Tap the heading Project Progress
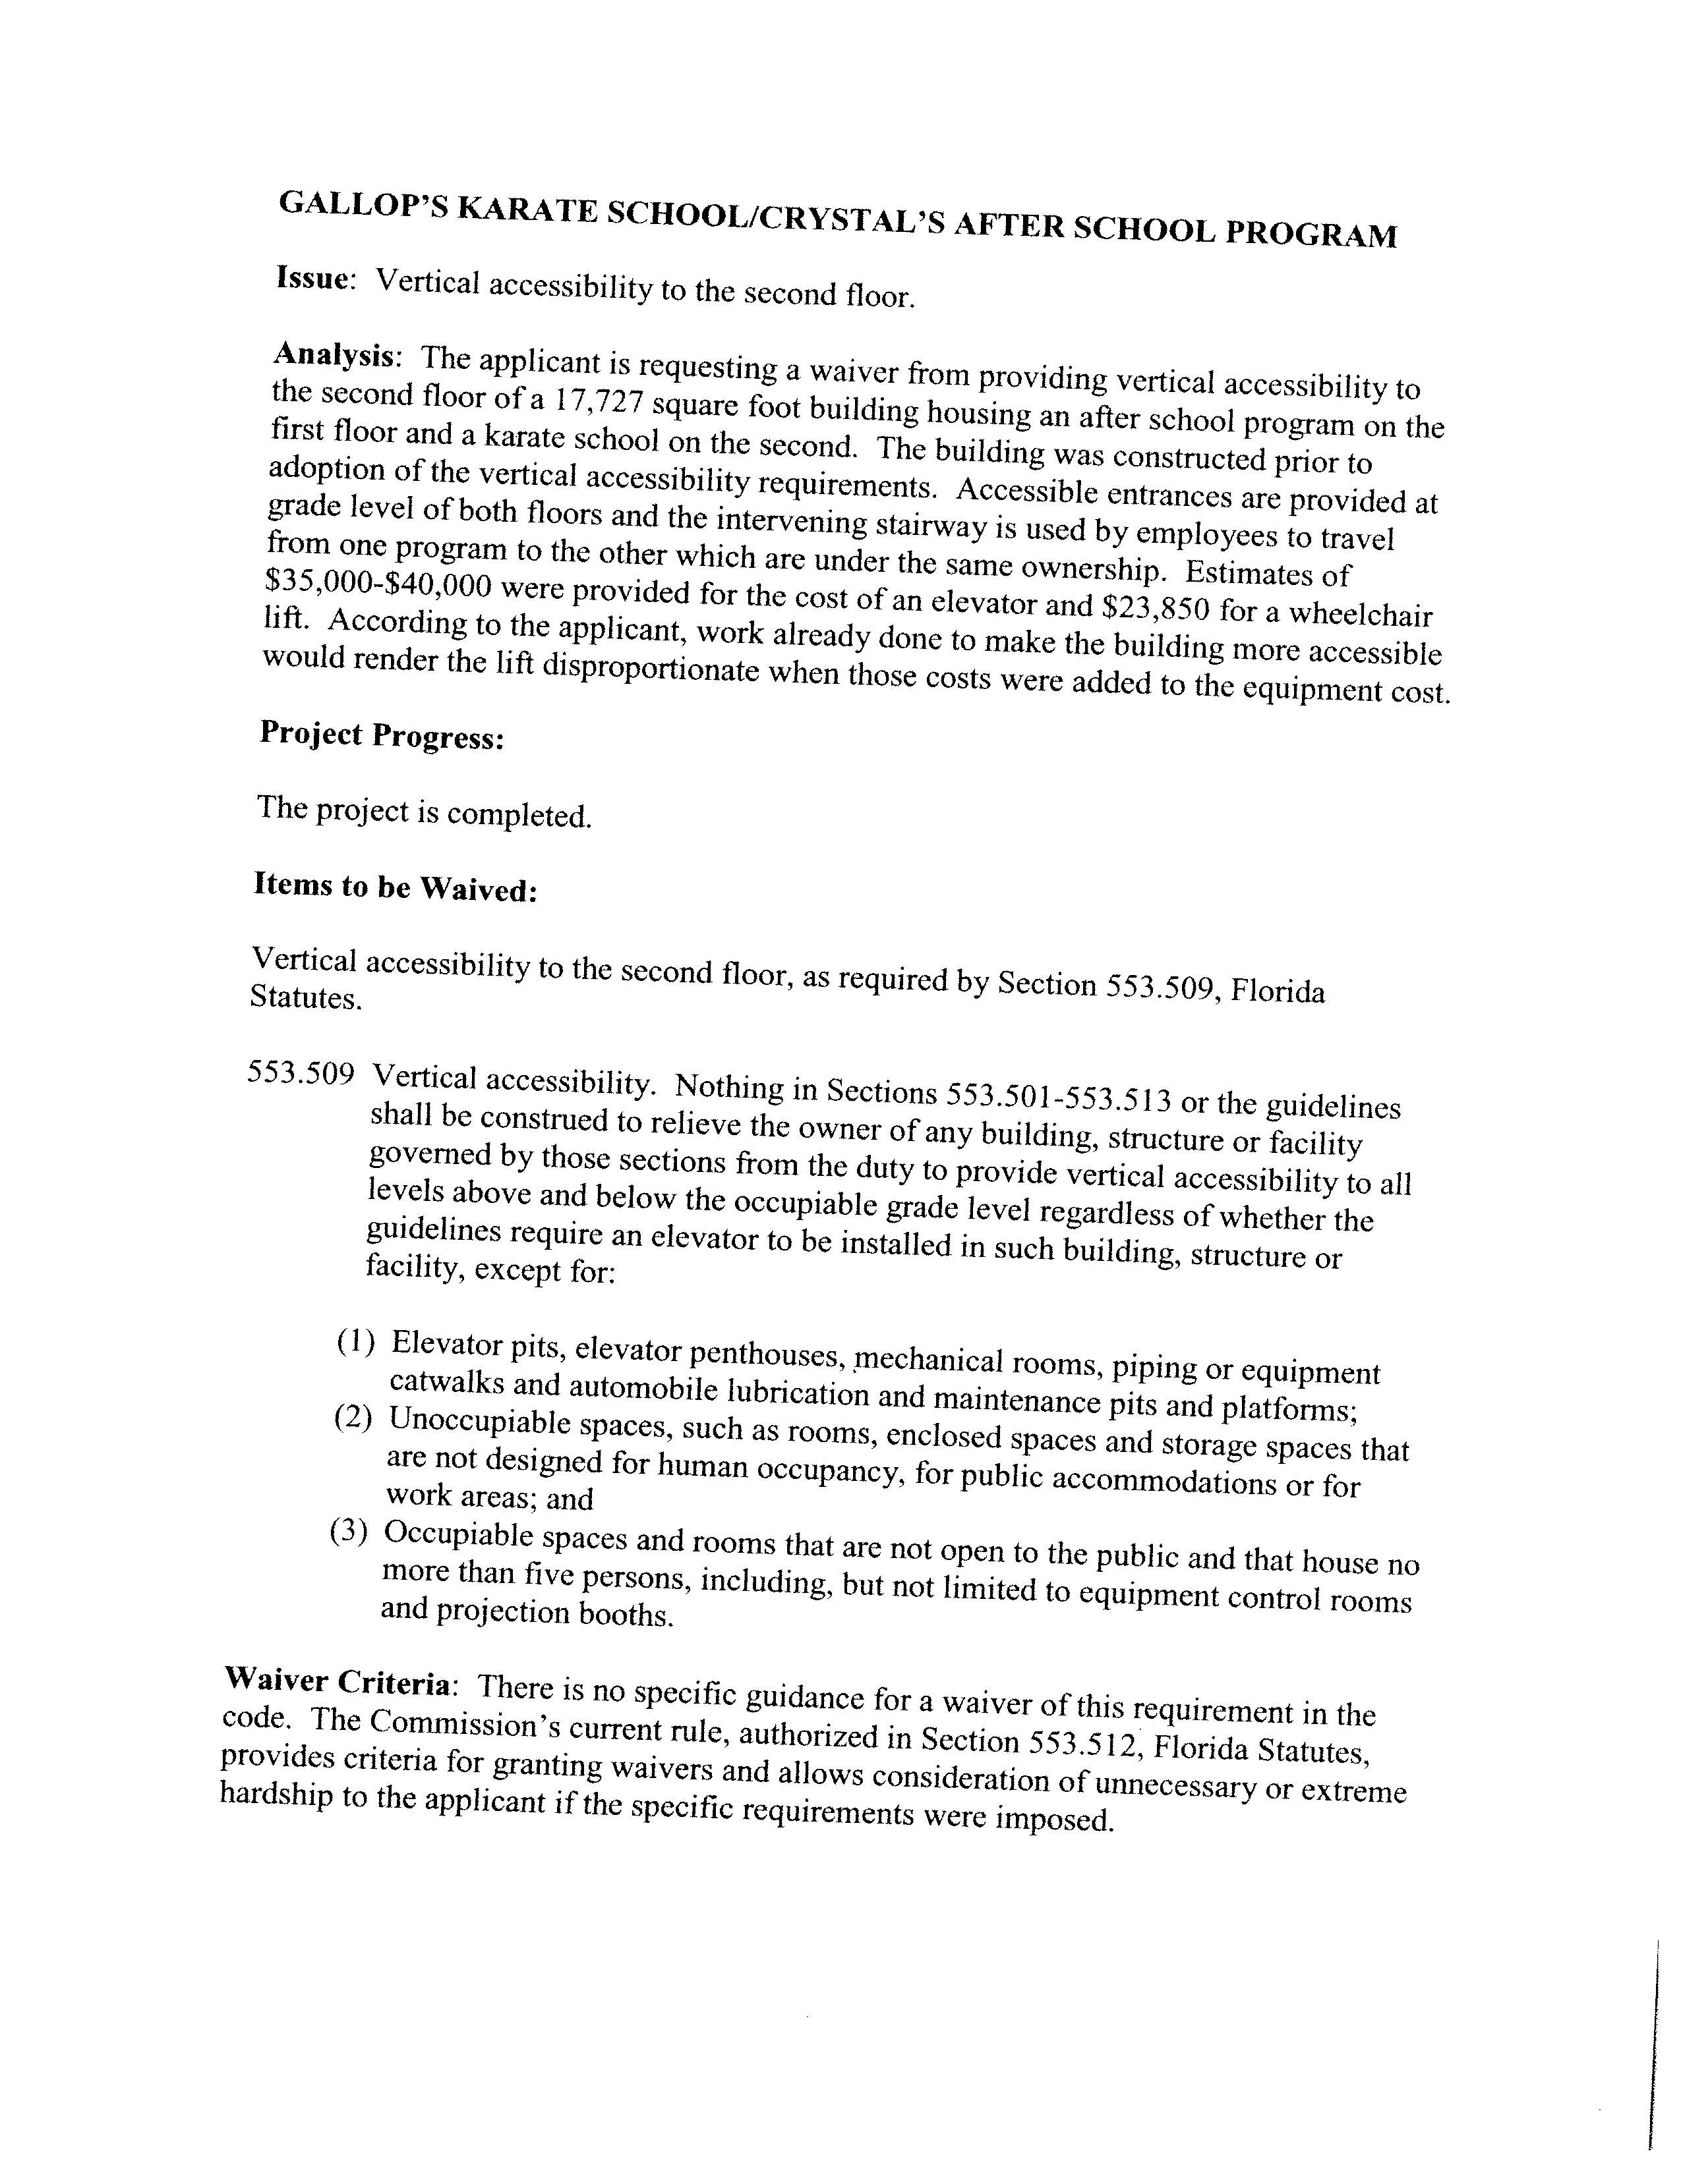point(382,736)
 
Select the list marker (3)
point(349,1531)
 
